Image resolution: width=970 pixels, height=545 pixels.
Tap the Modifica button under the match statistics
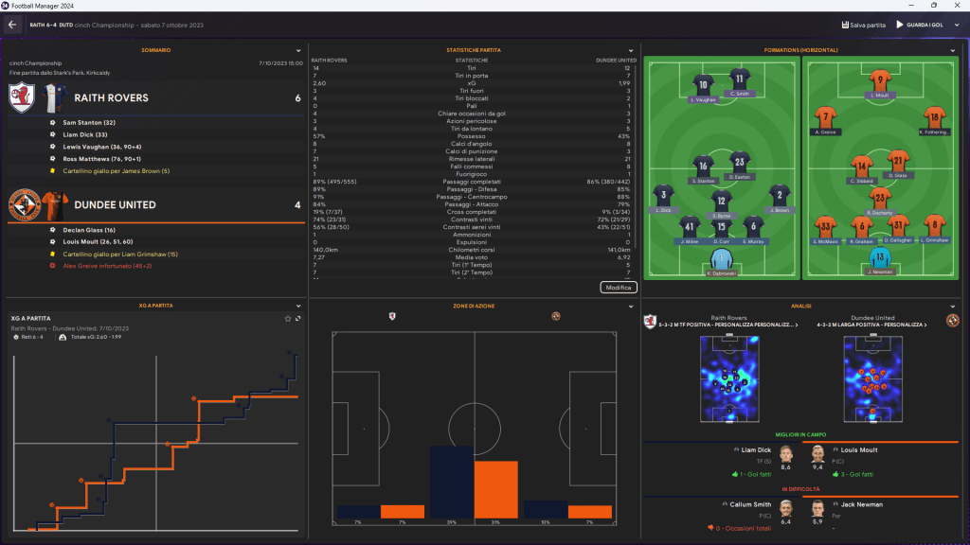(x=620, y=287)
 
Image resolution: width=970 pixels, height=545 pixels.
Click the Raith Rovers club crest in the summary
(x=23, y=97)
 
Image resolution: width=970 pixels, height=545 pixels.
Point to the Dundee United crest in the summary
(x=23, y=204)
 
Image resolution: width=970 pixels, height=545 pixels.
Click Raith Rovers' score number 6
(x=297, y=98)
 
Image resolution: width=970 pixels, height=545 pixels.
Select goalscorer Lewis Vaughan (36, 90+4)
(x=98, y=149)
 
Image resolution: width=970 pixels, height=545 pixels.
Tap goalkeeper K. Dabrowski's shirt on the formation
(x=722, y=259)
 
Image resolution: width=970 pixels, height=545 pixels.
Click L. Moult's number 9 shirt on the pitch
(x=880, y=82)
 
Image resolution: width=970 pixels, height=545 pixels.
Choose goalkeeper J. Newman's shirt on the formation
(x=881, y=257)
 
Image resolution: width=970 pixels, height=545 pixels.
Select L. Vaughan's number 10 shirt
(x=703, y=85)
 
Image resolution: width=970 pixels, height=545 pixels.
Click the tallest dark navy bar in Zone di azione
(x=452, y=483)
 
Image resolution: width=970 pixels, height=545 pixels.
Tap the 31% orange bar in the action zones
(x=495, y=490)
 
